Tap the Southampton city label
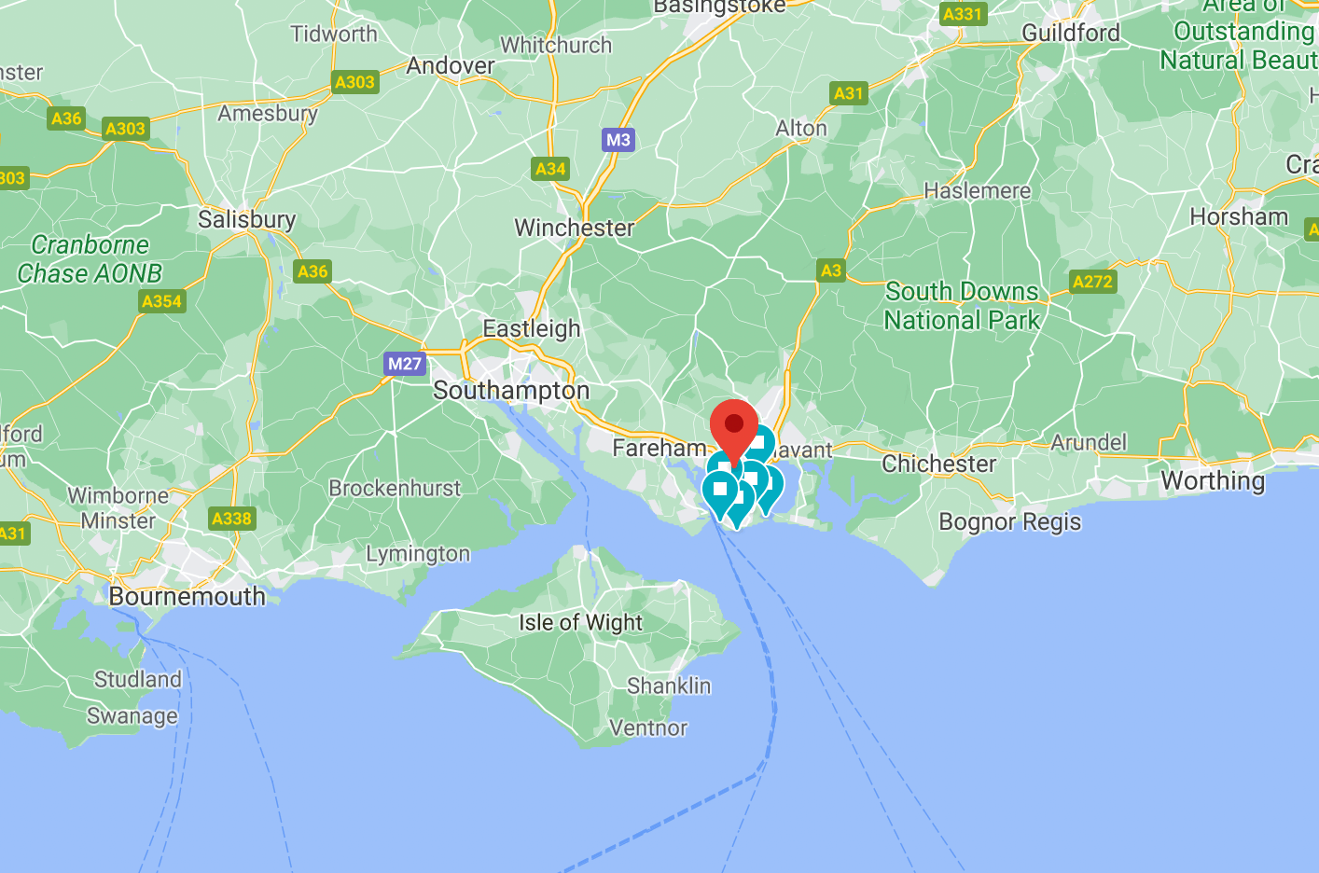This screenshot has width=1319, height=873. coord(511,390)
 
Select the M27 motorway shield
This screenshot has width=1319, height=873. coord(405,364)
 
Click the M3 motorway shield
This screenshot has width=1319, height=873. coord(618,140)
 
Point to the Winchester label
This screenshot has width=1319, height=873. coord(574,228)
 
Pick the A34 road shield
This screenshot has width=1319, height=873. coord(550,169)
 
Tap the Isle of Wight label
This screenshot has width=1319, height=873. coord(580,622)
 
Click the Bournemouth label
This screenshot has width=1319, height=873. coord(187,596)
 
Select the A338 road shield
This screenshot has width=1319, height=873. coord(231,519)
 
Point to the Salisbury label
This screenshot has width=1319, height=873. coord(246,219)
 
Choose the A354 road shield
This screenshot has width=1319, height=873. coord(162,301)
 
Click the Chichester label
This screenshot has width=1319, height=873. coord(938,464)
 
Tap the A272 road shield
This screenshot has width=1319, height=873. coord(1092,282)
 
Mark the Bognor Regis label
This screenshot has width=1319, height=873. coord(1009,521)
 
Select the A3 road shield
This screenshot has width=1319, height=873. coord(830,270)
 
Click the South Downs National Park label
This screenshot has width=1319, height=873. coord(962,306)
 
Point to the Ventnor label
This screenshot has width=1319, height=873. coord(647,727)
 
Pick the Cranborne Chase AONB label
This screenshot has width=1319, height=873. coord(90,259)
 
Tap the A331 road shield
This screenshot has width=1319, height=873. coord(962,14)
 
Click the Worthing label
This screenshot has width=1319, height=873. coord(1213,480)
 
